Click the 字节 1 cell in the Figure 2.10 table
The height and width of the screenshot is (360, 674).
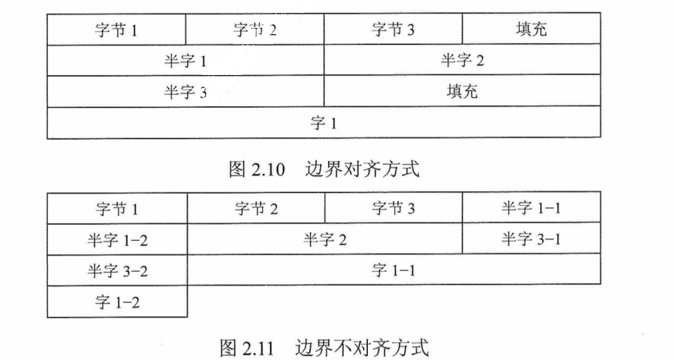(116, 30)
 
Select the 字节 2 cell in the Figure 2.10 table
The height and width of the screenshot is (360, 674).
(255, 30)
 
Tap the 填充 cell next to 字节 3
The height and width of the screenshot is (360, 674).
(530, 30)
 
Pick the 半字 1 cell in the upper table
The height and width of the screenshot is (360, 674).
(185, 61)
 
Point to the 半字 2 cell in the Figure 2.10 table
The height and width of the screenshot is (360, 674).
(462, 61)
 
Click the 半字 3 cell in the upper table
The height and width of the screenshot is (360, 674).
(185, 92)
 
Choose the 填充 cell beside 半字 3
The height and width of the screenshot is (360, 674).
(462, 92)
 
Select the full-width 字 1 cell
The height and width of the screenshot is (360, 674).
(324, 123)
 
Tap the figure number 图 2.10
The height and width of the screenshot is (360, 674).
(256, 169)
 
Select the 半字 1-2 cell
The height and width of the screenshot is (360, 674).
(116, 240)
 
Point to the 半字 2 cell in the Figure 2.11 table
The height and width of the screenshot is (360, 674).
(324, 240)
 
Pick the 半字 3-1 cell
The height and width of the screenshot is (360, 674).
(530, 240)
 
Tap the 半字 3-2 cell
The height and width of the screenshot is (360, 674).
(116, 271)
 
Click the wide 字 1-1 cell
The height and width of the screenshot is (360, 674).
(393, 271)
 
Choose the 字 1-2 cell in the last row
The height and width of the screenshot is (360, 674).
(116, 302)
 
